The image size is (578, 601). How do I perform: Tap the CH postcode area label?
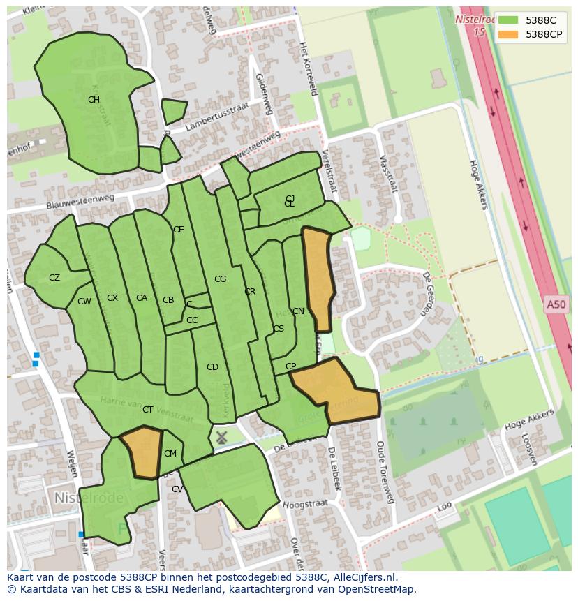(x=94, y=100)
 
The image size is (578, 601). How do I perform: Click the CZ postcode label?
(x=54, y=278)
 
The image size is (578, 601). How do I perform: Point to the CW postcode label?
(x=84, y=302)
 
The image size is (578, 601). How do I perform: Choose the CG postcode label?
(x=220, y=279)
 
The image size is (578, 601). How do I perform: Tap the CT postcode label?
(x=147, y=410)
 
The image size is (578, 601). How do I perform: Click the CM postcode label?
(x=170, y=454)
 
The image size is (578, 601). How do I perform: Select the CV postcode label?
(x=177, y=489)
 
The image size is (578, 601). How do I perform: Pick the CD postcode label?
(x=212, y=367)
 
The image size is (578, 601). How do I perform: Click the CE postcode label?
(x=179, y=230)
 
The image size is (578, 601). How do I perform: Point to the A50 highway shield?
(x=556, y=304)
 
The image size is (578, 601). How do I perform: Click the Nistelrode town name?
(x=89, y=498)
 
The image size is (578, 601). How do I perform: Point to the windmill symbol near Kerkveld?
(x=221, y=438)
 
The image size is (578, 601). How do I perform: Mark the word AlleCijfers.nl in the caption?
(x=362, y=577)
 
